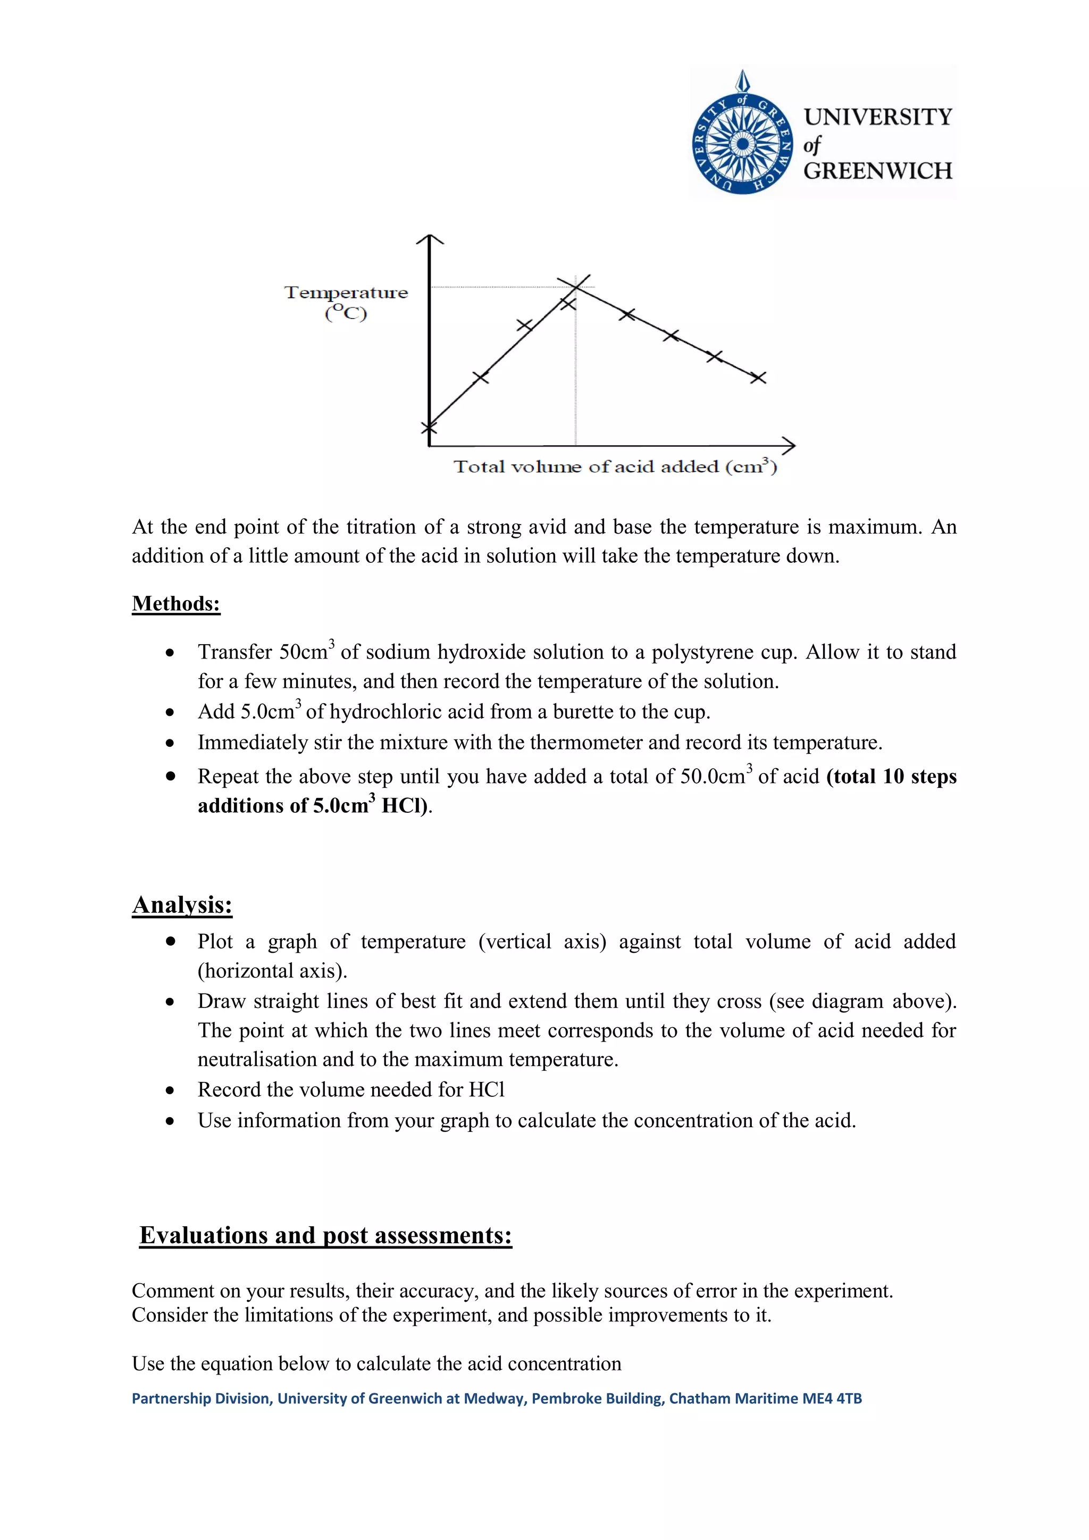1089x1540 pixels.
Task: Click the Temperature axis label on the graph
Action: click(x=346, y=293)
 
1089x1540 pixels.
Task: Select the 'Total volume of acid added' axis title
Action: click(x=615, y=467)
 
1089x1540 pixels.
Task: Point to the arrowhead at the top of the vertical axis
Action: click(x=430, y=239)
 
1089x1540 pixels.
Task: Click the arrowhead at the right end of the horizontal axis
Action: click(x=789, y=445)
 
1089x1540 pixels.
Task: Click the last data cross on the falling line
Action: click(x=758, y=378)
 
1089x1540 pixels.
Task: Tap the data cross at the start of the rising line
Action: click(x=429, y=427)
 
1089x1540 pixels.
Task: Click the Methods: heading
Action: click(x=175, y=603)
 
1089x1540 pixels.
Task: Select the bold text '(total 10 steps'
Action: click(x=891, y=776)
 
